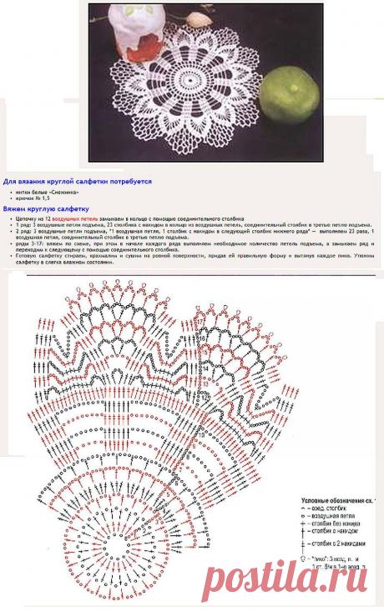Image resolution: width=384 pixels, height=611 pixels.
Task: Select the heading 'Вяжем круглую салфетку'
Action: click(45, 210)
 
